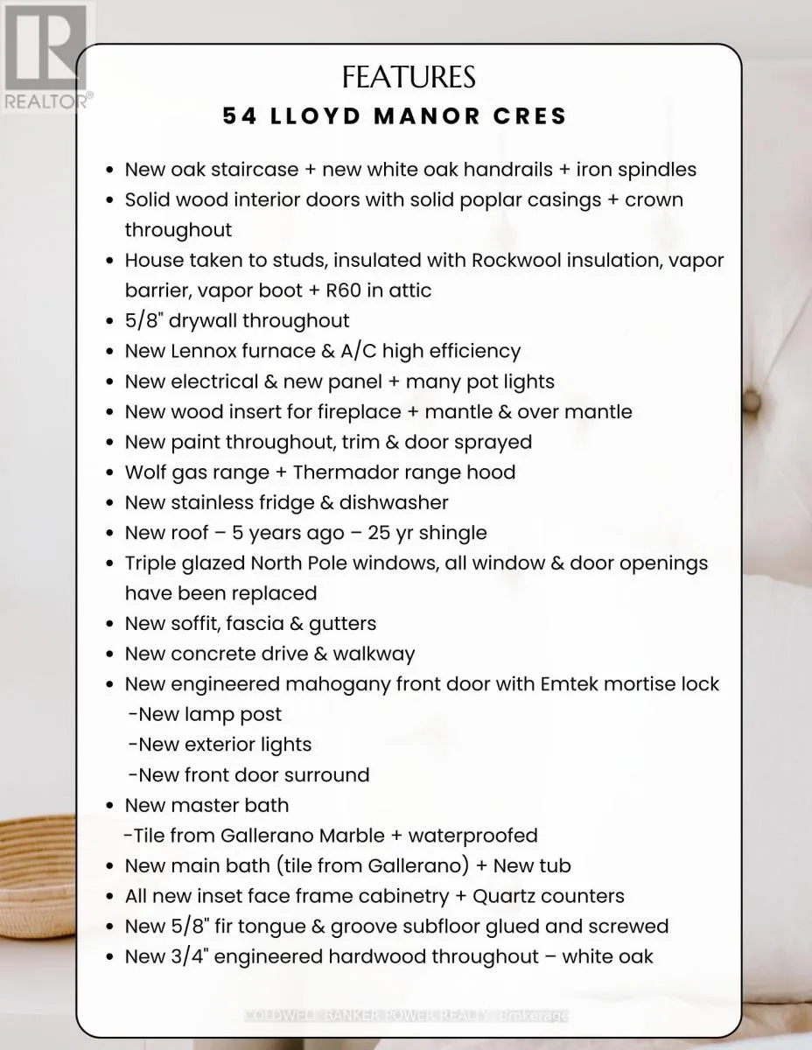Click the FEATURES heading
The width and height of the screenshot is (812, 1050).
[409, 77]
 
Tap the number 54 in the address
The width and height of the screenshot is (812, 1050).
[240, 115]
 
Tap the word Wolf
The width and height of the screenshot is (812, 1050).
[145, 472]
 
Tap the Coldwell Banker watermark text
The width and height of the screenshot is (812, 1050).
[407, 1015]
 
